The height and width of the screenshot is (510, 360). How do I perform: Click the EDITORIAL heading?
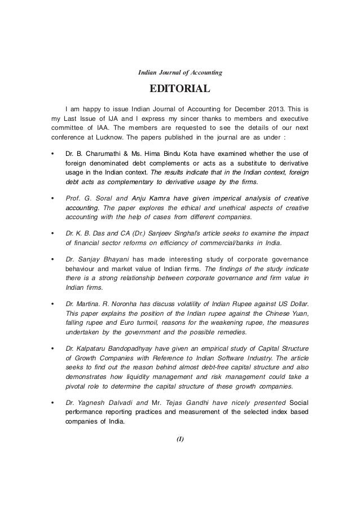pos(179,89)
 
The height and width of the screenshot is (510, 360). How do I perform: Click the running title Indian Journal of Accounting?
pos(180,73)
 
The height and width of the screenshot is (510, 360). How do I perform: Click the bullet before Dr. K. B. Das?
pos(52,233)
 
